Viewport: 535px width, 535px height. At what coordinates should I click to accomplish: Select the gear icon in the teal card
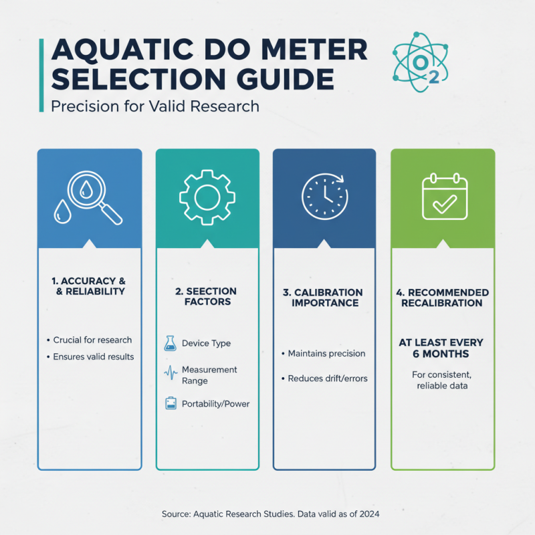point(207,197)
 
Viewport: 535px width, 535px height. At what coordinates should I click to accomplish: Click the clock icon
point(324,197)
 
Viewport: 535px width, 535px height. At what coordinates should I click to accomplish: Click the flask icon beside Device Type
point(169,344)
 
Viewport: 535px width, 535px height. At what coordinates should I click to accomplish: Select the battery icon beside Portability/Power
point(170,404)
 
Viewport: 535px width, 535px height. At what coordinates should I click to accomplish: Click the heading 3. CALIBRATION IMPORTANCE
point(324,298)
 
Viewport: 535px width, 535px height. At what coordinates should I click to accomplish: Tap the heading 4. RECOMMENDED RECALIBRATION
point(442,298)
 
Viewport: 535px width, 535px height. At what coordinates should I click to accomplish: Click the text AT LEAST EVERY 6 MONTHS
point(441,348)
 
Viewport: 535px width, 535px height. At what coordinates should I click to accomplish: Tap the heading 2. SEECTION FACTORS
point(207,296)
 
